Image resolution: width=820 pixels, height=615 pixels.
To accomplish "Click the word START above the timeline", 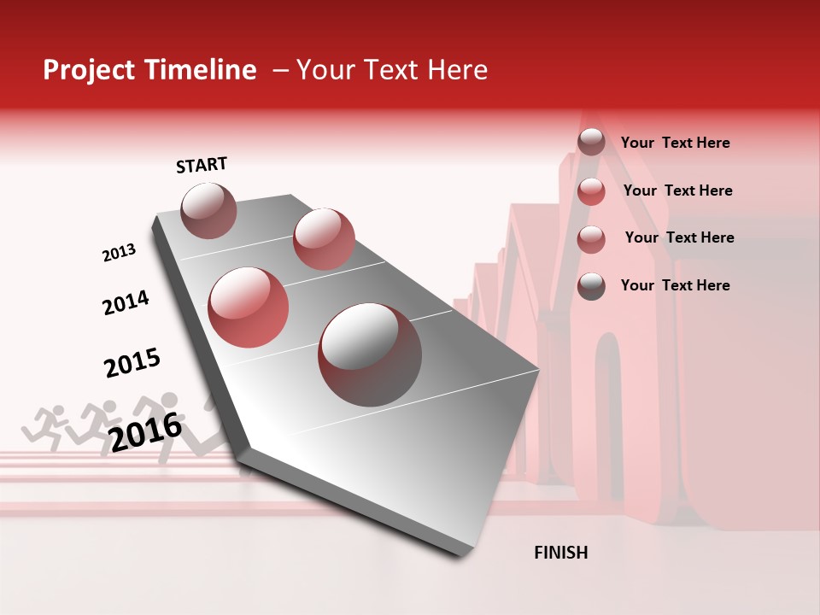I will [x=202, y=165].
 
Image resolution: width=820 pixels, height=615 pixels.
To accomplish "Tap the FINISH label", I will [x=560, y=553].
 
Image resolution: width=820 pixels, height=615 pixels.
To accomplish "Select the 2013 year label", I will [x=119, y=253].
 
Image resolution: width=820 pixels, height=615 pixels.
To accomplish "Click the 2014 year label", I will [x=126, y=302].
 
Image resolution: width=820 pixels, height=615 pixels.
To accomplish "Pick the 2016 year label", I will [x=145, y=432].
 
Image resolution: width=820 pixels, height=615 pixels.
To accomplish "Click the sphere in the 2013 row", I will [x=208, y=210].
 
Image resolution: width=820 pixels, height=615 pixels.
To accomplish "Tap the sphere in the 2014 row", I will [x=324, y=238].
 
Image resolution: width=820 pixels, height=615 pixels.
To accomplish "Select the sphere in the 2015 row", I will [x=249, y=307].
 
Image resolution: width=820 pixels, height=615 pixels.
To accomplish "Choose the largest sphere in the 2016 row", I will [x=370, y=354].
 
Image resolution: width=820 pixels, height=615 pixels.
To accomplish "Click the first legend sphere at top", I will [x=591, y=143].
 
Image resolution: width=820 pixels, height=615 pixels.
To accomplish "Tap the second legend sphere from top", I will [x=591, y=191].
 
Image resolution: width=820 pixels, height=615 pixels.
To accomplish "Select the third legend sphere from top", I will [x=591, y=239].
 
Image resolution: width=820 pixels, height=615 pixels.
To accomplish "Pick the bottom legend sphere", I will [x=591, y=286].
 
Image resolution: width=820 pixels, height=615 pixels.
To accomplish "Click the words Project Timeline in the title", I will [x=149, y=70].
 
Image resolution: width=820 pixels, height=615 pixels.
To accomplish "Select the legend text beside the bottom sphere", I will [x=675, y=285].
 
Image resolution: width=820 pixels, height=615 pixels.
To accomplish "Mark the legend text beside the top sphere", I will [x=675, y=143].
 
